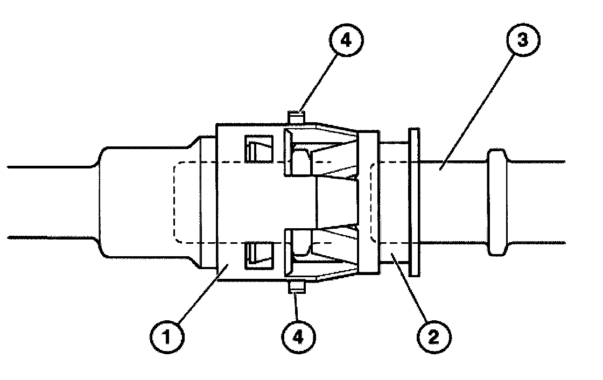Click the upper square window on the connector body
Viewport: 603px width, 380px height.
coord(254,147)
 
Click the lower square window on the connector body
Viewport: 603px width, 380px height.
coord(254,255)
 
